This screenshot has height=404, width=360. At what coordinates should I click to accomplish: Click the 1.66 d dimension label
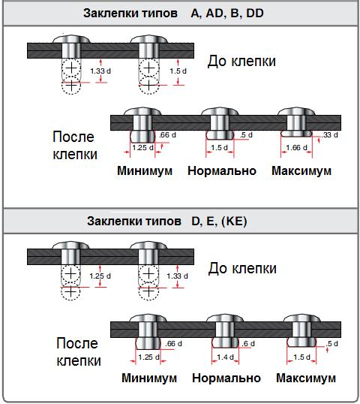point(297,148)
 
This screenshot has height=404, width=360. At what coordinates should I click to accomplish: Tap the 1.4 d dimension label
point(226,357)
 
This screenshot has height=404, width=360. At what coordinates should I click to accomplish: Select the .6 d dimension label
point(248,343)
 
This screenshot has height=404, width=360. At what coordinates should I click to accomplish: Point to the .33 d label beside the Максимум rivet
point(330,134)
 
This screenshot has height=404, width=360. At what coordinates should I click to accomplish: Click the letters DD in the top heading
point(255,13)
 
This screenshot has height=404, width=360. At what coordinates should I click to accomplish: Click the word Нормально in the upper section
point(222,170)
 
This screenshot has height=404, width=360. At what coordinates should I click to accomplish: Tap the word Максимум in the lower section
point(306,378)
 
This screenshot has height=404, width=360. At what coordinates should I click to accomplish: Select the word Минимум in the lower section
point(149,378)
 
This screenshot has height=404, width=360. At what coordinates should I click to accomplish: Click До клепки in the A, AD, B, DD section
point(241,61)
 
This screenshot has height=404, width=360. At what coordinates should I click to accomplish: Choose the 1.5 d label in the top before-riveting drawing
point(178,71)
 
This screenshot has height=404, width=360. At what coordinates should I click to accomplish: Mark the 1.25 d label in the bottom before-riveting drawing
point(100,276)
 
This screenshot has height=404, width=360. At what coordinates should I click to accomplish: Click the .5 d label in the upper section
point(246,134)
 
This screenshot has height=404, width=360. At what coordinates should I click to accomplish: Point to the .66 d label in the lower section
point(174,343)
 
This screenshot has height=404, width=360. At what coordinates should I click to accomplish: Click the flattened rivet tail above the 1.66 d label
point(296,134)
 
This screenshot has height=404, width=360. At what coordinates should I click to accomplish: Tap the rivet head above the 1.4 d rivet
point(225,318)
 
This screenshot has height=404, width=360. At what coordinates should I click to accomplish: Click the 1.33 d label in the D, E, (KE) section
point(177,276)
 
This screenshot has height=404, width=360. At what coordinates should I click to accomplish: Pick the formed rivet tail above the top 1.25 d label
point(142,137)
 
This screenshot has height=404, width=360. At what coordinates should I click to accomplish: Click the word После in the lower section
point(77,343)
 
